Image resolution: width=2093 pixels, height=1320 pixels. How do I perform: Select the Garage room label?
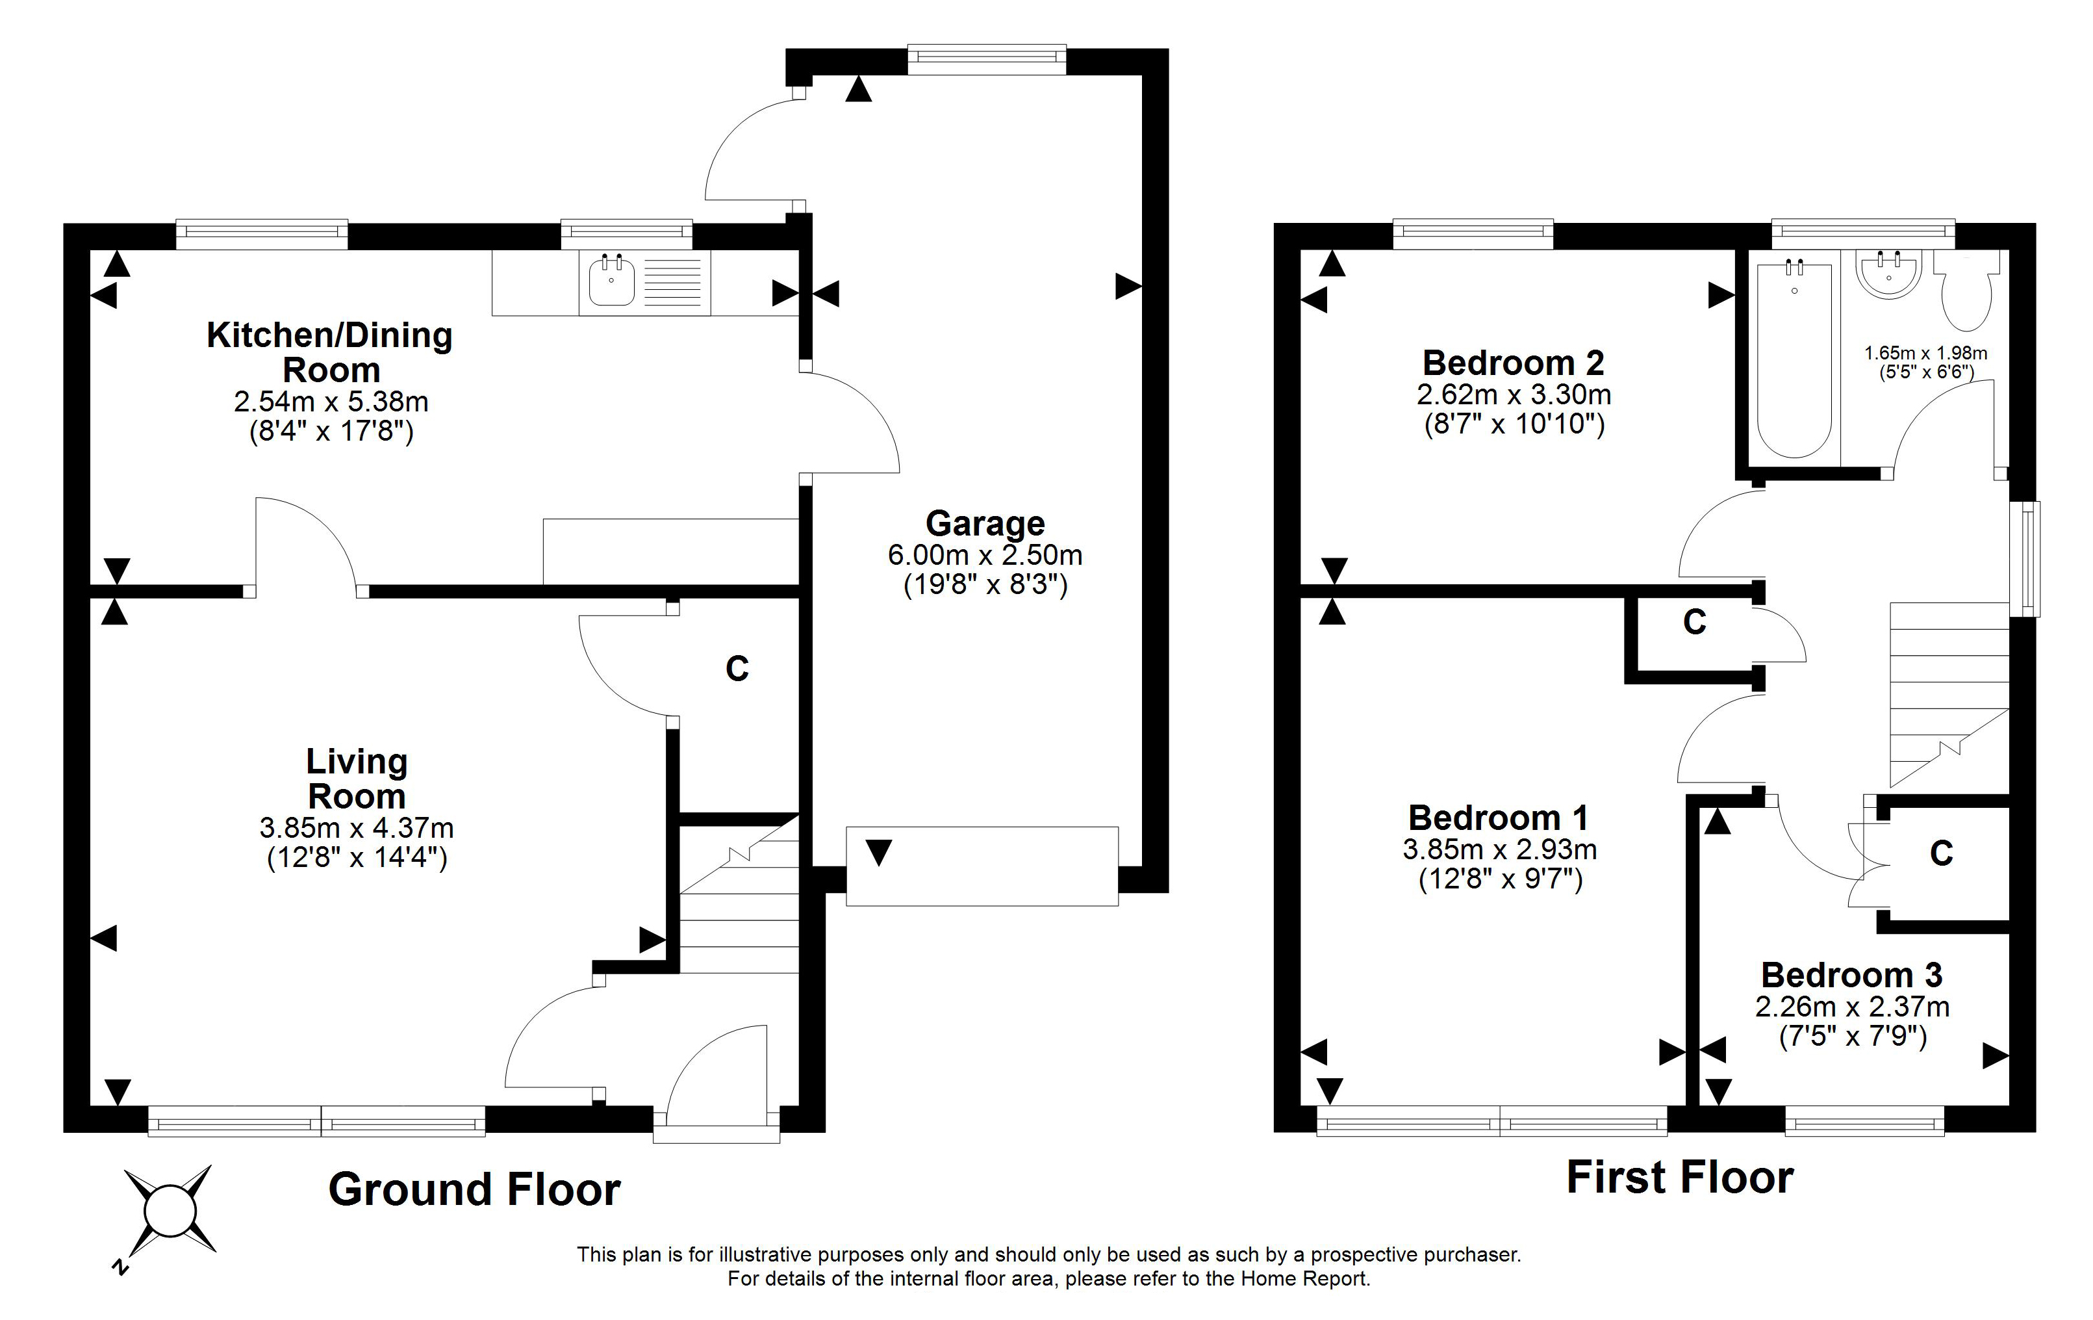pos(985,523)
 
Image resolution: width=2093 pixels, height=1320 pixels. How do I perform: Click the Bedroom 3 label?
pos(1851,975)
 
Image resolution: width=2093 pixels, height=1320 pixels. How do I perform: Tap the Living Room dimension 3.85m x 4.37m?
pos(357,828)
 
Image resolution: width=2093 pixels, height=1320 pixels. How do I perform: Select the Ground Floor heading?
pos(475,1189)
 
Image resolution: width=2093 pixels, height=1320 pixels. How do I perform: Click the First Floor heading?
pos(1680,1178)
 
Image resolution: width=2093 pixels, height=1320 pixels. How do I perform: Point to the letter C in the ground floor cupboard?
pos(737,669)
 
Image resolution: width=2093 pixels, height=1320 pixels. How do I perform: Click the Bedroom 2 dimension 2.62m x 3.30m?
pos(1514,395)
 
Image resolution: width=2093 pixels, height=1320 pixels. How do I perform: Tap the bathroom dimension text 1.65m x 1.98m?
pos(1926,353)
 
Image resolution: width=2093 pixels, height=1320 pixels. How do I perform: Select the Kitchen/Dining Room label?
pos(330,352)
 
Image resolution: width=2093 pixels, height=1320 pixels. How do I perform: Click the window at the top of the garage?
pos(987,57)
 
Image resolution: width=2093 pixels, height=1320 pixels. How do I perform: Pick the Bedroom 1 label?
pos(1499,818)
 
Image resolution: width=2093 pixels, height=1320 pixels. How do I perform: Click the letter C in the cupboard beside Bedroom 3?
pos(1942,853)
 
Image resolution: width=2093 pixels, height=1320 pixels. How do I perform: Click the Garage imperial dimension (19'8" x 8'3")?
pos(985,584)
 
